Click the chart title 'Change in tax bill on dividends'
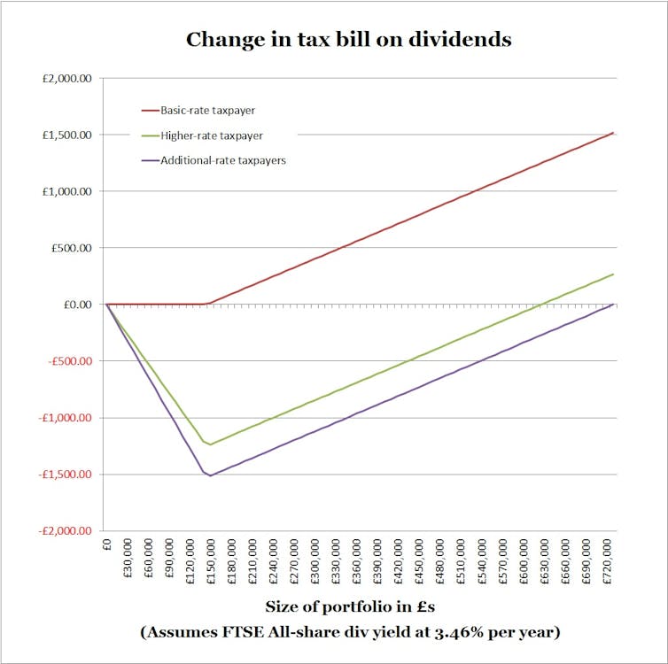click(x=348, y=40)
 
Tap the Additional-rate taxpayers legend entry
click(x=222, y=161)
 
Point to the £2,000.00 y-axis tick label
click(x=67, y=79)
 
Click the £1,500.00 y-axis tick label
click(x=67, y=135)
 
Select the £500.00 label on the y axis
click(x=71, y=248)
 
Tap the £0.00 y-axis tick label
click(x=75, y=305)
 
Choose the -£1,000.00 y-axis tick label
click(x=64, y=418)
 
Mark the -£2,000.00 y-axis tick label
click(x=64, y=531)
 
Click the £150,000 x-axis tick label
click(x=211, y=560)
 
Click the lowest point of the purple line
click(x=211, y=476)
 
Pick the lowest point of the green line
click(x=211, y=444)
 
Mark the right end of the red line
click(x=613, y=133)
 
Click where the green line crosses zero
click(x=542, y=305)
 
